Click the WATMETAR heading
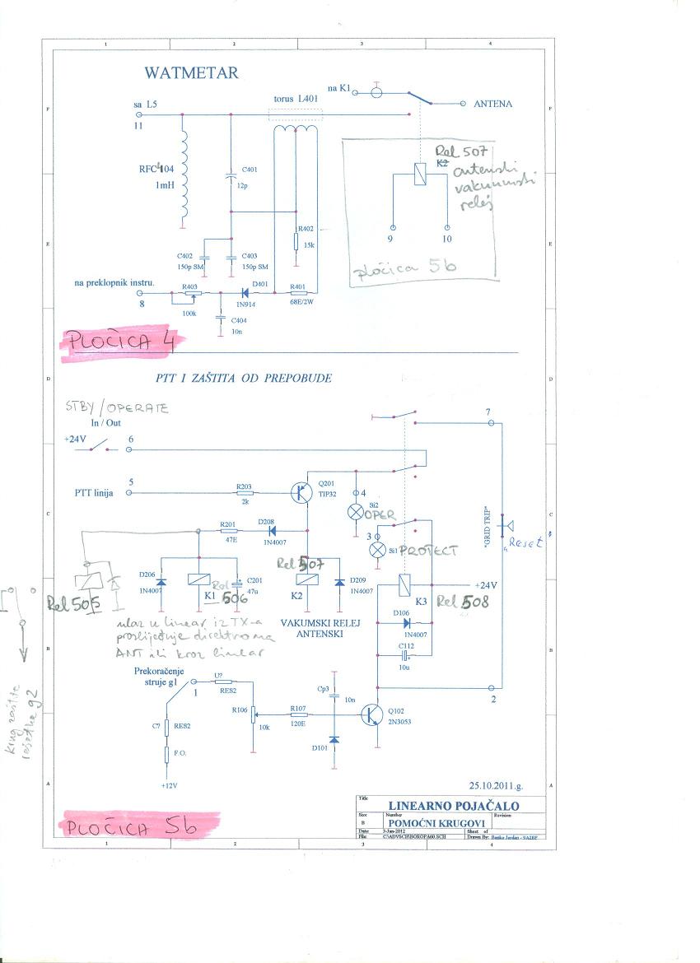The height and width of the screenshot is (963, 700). point(191,73)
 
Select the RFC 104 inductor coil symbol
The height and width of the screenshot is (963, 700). point(183,177)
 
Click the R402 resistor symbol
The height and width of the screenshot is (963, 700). point(296,241)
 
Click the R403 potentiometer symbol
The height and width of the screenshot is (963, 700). point(192,292)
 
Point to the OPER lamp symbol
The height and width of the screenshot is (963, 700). point(357,511)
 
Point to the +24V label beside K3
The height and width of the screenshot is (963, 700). point(484,585)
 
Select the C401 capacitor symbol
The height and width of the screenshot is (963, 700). point(231,177)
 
